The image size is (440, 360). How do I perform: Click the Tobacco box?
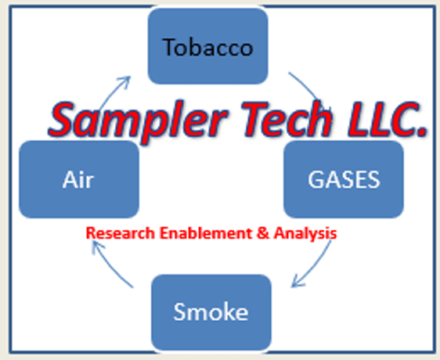tap(208, 45)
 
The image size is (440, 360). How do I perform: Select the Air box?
tap(79, 179)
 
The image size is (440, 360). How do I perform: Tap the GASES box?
tap(344, 179)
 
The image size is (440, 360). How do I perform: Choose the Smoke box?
tap(211, 312)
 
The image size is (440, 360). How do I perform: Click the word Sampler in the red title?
tap(138, 121)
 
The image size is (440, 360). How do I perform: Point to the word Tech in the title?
tap(287, 119)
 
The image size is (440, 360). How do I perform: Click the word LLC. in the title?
tap(388, 119)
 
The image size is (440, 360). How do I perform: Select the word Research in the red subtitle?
tap(121, 233)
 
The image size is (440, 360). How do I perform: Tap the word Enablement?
tap(206, 233)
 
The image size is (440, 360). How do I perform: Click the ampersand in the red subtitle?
tap(263, 233)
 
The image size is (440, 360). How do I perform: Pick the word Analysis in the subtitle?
tap(305, 234)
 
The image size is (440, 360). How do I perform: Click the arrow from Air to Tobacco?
tap(113, 92)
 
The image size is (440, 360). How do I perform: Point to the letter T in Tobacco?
tap(169, 46)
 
